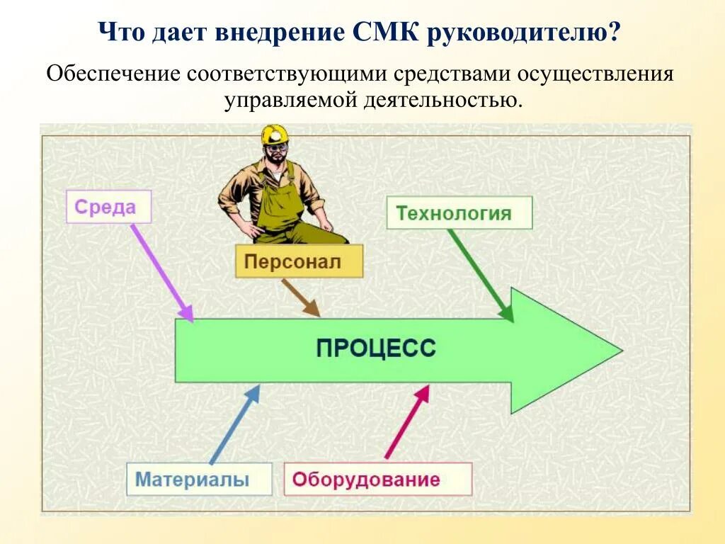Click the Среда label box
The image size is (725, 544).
pos(108,208)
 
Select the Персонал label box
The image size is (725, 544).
pos(299,261)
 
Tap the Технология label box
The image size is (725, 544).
pos(459,212)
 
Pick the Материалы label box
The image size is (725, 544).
pos(199,480)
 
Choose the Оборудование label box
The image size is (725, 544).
pos(377,480)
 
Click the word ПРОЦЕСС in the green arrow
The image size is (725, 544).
pos(376,349)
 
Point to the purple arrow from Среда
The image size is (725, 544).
pos(162,273)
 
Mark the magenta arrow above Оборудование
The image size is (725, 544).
pos(407,422)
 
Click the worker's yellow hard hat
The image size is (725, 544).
pos(275,134)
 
